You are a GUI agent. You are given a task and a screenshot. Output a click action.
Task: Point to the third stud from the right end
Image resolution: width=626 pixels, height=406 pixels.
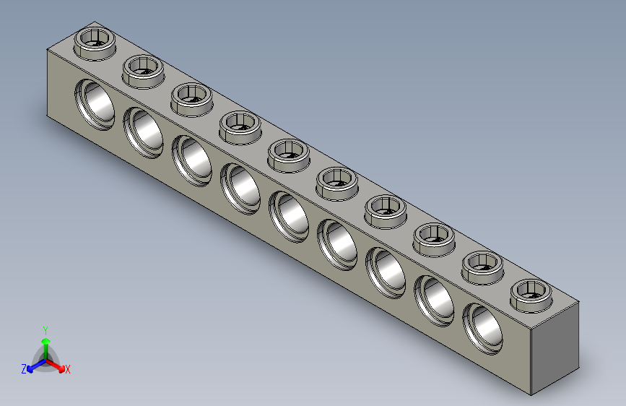(435, 236)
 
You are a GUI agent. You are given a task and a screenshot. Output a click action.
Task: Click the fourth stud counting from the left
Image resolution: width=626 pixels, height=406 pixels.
(240, 125)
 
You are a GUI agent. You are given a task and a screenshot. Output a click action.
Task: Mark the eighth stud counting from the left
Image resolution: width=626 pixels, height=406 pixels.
(435, 236)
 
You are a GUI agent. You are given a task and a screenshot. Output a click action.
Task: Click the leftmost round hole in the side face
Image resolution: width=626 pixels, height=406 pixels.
(97, 102)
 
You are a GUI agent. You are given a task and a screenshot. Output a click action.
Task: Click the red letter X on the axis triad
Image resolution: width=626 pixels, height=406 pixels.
(68, 369)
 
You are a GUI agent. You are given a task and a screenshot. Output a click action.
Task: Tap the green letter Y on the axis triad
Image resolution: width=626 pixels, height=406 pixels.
(45, 329)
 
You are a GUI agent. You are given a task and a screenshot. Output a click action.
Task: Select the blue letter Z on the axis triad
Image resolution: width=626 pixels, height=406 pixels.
(24, 368)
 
